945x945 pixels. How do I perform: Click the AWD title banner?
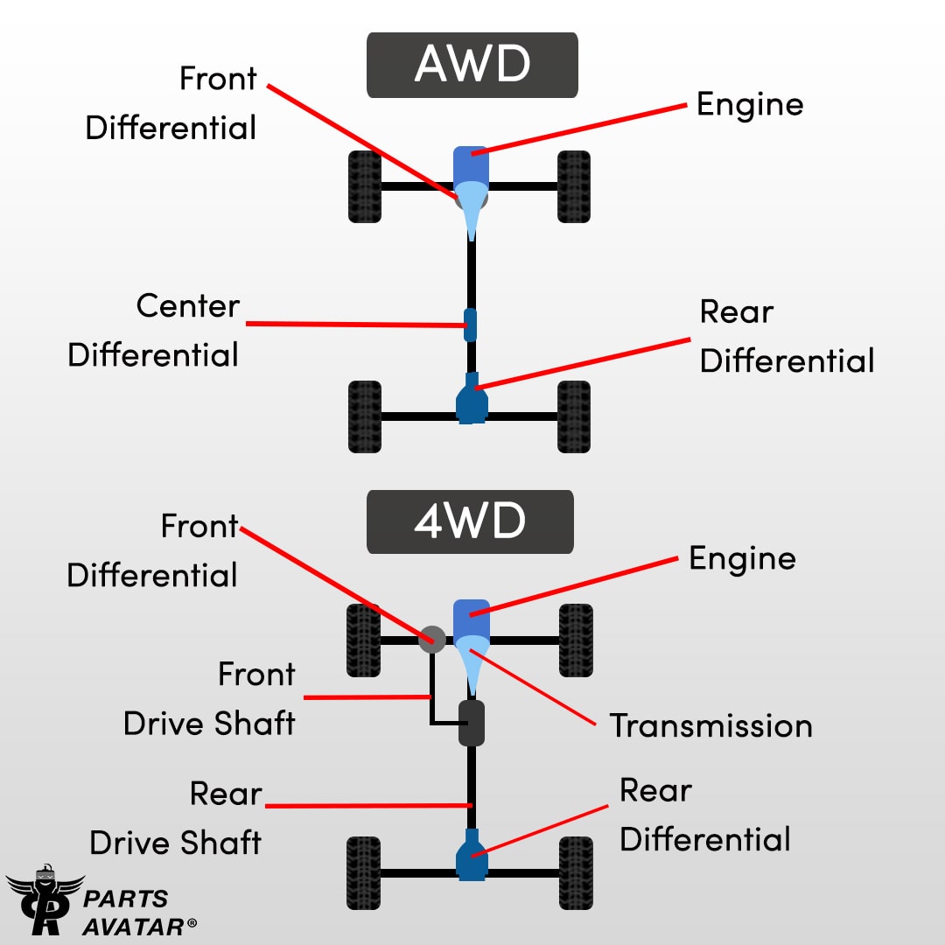pos(472,65)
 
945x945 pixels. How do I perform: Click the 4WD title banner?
pos(470,521)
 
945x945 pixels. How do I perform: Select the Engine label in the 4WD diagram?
pos(742,559)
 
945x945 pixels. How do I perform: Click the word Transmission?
pos(711,725)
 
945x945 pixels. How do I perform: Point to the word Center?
pos(188,306)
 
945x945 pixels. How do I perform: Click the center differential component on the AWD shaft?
pos(470,325)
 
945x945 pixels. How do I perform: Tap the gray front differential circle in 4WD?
pos(432,640)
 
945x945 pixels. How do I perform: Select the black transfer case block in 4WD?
pos(472,724)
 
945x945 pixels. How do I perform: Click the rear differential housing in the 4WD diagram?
pos(472,855)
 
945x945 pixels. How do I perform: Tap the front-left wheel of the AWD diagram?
pos(365,187)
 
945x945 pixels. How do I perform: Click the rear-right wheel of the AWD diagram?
pos(574,416)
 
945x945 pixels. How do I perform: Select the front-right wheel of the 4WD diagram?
pos(576,640)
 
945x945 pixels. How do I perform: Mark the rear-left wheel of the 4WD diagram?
pos(363,872)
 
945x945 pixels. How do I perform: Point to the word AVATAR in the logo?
pos(133,927)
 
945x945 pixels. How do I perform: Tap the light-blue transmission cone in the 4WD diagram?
pos(472,664)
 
